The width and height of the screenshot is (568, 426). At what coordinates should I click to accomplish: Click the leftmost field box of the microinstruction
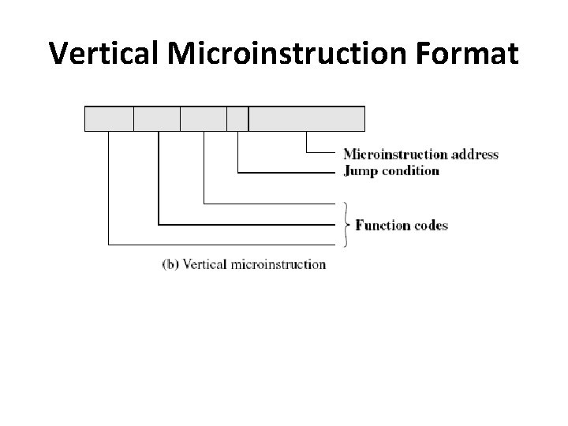point(109,118)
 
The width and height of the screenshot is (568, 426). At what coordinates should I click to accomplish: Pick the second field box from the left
point(157,118)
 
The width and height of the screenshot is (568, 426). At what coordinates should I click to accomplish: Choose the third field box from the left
point(204,118)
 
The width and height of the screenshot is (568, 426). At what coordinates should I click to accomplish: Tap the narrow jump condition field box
point(237,118)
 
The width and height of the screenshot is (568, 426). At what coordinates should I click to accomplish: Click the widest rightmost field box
point(307,118)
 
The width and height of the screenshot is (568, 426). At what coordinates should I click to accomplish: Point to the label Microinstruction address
point(420,155)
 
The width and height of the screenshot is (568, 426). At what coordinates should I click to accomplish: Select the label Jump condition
point(391,170)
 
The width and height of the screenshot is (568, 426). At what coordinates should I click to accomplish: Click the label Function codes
point(402,226)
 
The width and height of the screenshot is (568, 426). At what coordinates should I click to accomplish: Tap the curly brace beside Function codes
point(346,224)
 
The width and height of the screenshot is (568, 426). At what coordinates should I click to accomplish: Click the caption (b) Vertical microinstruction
point(244,264)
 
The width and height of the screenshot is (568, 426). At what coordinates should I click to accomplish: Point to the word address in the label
point(475,155)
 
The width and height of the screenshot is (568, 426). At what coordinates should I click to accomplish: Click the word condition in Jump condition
point(410,170)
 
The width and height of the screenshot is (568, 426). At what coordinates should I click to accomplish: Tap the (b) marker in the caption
point(170,264)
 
